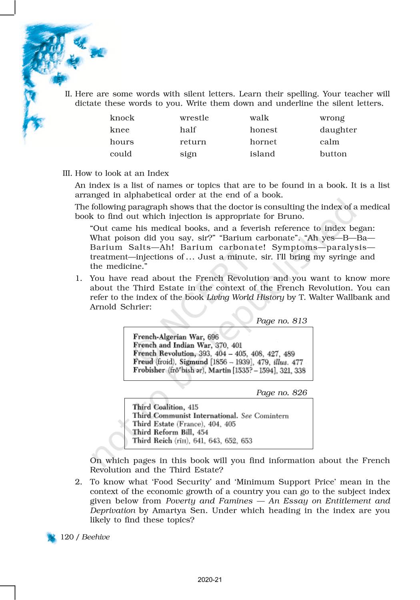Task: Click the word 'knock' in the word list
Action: [x=122, y=118]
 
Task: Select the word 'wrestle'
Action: [x=194, y=118]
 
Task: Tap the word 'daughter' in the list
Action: [x=338, y=130]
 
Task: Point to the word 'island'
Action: [x=262, y=154]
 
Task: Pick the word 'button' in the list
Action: [x=333, y=154]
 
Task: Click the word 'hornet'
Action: [x=263, y=142]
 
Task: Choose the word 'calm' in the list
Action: [x=329, y=142]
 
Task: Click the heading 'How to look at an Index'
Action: [x=122, y=173]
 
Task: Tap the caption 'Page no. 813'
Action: [x=281, y=321]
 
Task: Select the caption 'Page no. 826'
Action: [x=281, y=393]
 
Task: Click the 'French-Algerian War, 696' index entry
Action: [x=176, y=337]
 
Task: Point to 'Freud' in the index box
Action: [x=143, y=362]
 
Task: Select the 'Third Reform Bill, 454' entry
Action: [x=170, y=432]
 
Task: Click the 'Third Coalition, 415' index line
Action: [x=165, y=407]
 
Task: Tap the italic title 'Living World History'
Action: [x=245, y=297]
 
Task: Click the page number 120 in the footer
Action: [x=67, y=537]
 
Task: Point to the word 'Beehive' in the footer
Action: [x=96, y=537]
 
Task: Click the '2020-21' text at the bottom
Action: [x=210, y=580]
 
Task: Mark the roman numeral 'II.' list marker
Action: [x=68, y=94]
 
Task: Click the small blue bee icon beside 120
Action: [x=52, y=538]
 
